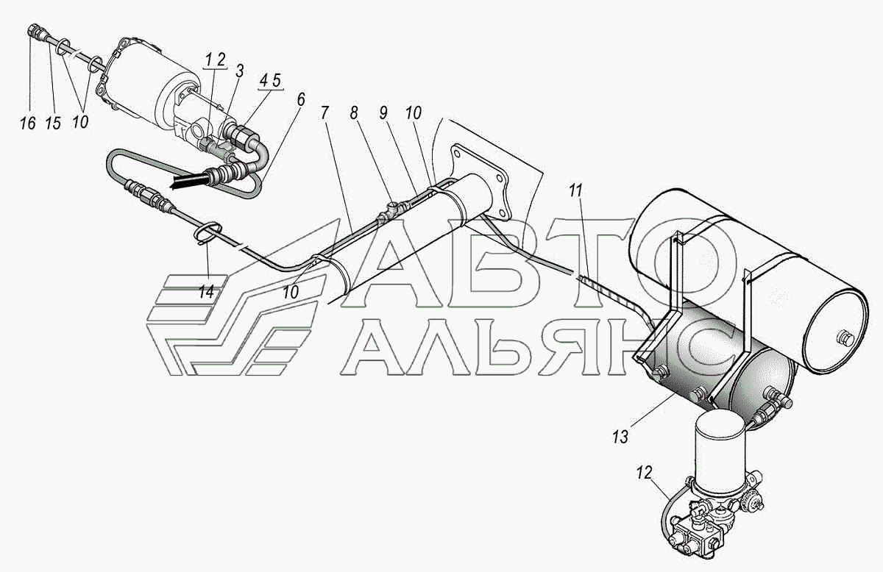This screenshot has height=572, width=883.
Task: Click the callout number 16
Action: coord(28,122)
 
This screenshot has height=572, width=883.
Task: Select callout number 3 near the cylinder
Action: coord(239,71)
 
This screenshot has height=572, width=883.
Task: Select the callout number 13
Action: coord(620,437)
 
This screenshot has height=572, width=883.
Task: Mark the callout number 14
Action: coord(207,291)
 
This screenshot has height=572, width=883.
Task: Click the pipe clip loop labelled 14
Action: coord(207,234)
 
